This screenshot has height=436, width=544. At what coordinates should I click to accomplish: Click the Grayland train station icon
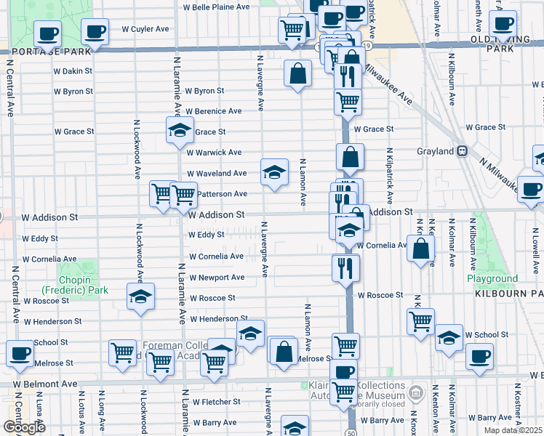tap(461, 151)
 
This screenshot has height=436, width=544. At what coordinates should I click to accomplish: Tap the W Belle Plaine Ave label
tap(216, 7)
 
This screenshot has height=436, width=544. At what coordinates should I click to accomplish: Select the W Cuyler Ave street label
tap(145, 29)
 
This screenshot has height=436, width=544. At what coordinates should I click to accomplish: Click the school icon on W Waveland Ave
tap(274, 172)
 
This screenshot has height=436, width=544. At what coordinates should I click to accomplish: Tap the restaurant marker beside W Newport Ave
tap(345, 267)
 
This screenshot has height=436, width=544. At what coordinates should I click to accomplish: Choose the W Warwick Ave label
tap(214, 153)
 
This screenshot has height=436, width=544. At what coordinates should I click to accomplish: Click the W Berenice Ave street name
tap(213, 111)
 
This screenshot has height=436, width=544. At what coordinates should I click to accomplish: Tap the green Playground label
tap(492, 278)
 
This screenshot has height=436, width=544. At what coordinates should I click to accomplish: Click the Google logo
tap(24, 427)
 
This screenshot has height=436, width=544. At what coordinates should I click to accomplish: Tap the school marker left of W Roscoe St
tap(140, 296)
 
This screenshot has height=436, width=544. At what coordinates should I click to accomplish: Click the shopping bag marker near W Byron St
tap(297, 73)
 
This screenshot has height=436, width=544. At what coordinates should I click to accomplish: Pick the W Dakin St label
tap(73, 71)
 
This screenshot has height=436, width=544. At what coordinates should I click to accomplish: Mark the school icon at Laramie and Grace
tap(179, 130)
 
